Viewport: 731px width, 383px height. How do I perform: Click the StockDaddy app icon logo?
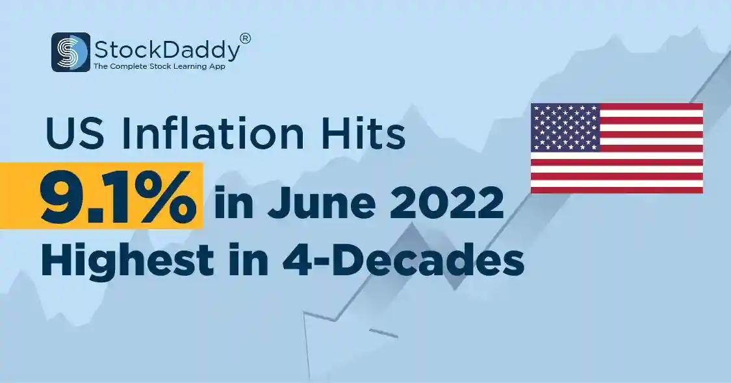tap(70, 52)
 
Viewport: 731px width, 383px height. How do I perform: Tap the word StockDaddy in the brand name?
tap(168, 50)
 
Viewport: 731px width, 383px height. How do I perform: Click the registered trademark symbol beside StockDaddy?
tap(245, 38)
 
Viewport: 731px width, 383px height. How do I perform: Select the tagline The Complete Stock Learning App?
tap(159, 67)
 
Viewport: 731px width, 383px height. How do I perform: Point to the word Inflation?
tap(213, 134)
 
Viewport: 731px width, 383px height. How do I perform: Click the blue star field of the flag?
tap(565, 127)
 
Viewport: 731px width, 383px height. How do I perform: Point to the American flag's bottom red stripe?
tap(617, 190)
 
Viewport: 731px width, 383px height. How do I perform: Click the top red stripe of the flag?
tap(651, 106)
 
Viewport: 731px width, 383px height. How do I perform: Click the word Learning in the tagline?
tap(185, 67)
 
